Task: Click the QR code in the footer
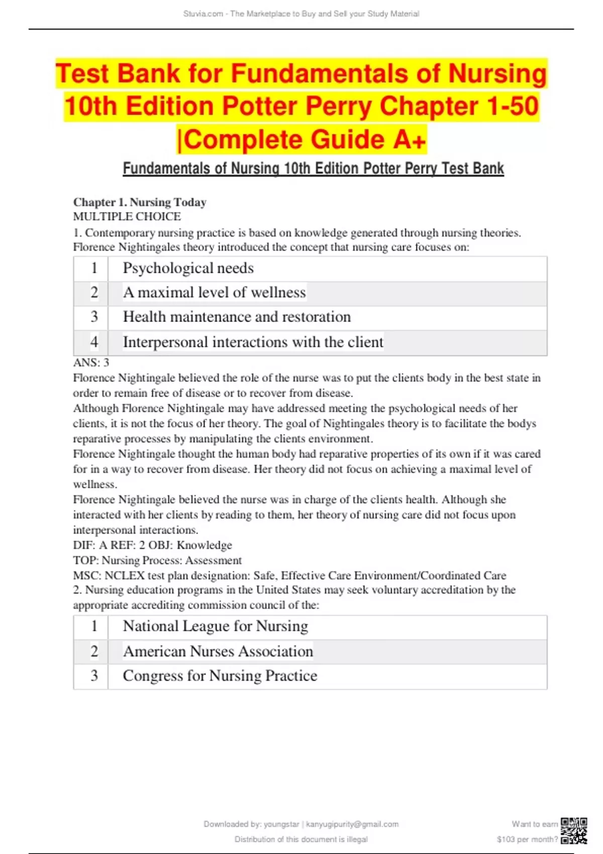coord(574,831)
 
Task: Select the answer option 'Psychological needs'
coord(188,268)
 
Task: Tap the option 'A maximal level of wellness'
coord(215,292)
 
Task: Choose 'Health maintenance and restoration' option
coord(237,317)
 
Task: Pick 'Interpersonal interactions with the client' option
coord(253,342)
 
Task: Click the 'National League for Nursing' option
coord(216,626)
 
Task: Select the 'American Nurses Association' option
coord(218,652)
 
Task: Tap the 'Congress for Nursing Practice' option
coord(220,676)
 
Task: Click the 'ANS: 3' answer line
coord(91,363)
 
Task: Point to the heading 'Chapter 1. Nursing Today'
coord(140,202)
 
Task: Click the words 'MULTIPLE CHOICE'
coord(127,217)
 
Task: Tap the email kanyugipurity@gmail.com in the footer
coord(352,824)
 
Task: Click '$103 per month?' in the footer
coord(527,839)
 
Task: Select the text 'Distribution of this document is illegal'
coord(301,839)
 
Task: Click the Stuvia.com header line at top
coord(301,14)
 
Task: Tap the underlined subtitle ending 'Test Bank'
coord(313,168)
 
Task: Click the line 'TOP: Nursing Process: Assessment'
coord(157,561)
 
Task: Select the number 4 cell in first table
coord(94,342)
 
